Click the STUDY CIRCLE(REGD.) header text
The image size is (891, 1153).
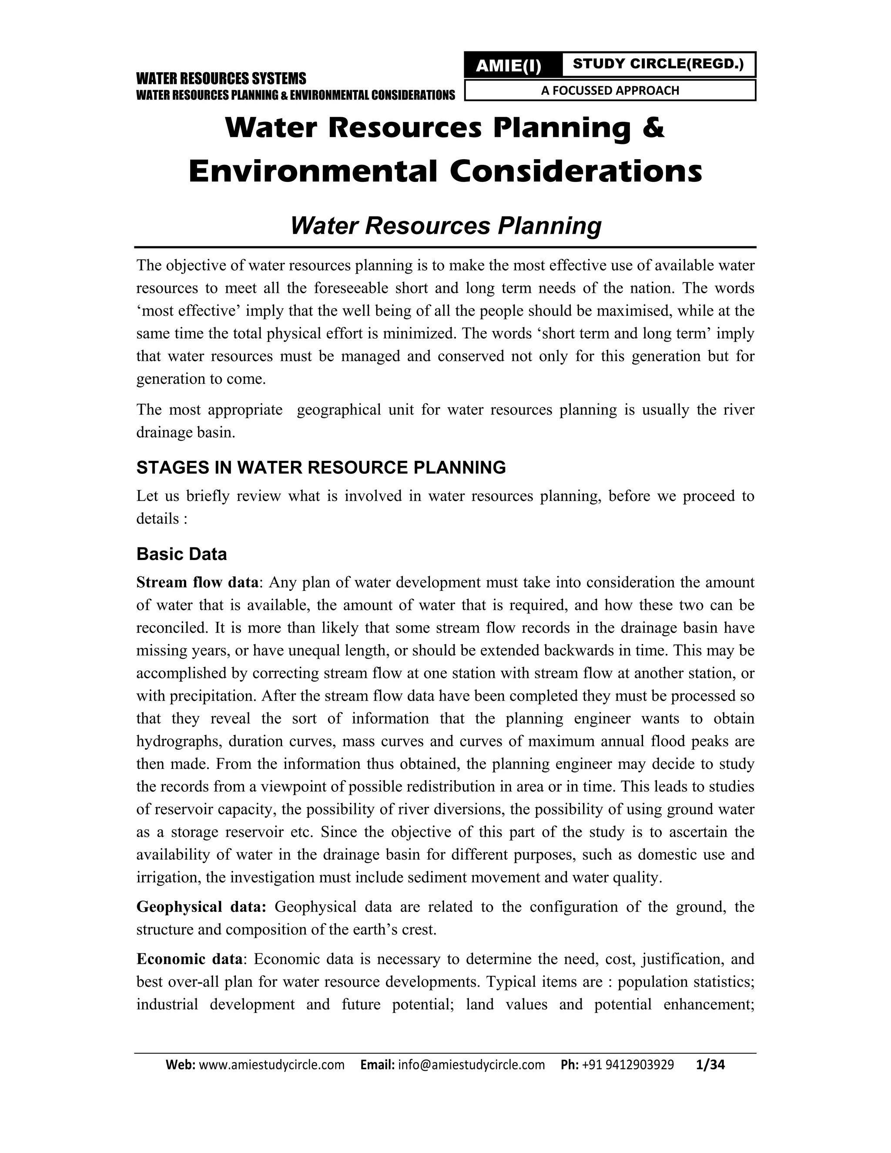(x=658, y=64)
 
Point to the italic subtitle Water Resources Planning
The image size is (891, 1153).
(x=445, y=225)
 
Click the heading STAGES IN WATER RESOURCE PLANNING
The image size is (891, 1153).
(x=321, y=467)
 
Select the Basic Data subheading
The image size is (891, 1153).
(x=181, y=554)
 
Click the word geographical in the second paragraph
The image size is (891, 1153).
(x=339, y=410)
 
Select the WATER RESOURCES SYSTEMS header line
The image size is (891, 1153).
(x=221, y=79)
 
